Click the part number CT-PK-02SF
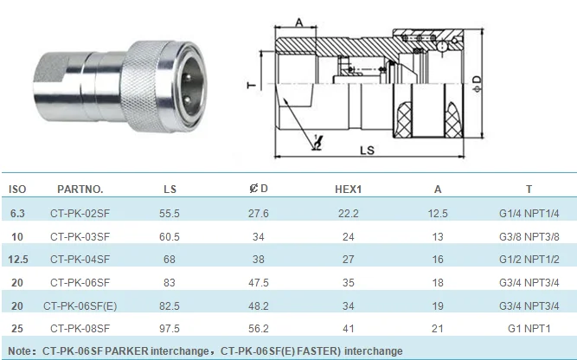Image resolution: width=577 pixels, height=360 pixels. pyautogui.click(x=80, y=214)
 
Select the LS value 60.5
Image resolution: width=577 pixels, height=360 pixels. pyautogui.click(x=170, y=237)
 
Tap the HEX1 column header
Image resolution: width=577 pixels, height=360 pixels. pyautogui.click(x=348, y=190)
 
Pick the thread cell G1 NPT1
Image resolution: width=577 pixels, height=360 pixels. pyautogui.click(x=529, y=328)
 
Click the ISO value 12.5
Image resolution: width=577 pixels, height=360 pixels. pyautogui.click(x=17, y=260)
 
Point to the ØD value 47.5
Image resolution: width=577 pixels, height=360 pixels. pyautogui.click(x=259, y=283)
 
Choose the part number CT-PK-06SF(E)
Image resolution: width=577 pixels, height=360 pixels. pyautogui.click(x=80, y=305)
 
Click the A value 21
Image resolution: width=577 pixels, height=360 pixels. pyautogui.click(x=438, y=328)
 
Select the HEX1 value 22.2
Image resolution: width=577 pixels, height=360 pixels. pyautogui.click(x=348, y=214)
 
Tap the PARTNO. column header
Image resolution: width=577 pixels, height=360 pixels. pyautogui.click(x=80, y=190)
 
